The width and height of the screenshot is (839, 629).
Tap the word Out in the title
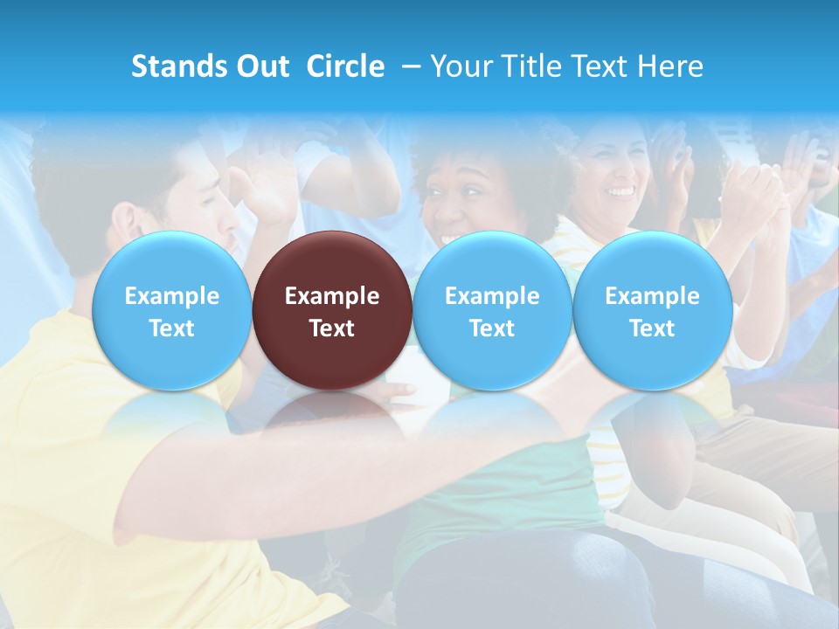tap(260, 66)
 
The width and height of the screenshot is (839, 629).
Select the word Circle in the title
tap(345, 66)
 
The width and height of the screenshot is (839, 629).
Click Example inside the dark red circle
tap(332, 296)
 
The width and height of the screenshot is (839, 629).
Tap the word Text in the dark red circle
tap(332, 328)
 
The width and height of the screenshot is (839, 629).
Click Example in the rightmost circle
tap(652, 296)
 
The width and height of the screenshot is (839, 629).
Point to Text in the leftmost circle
tap(171, 328)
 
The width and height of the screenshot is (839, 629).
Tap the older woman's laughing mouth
tap(621, 190)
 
